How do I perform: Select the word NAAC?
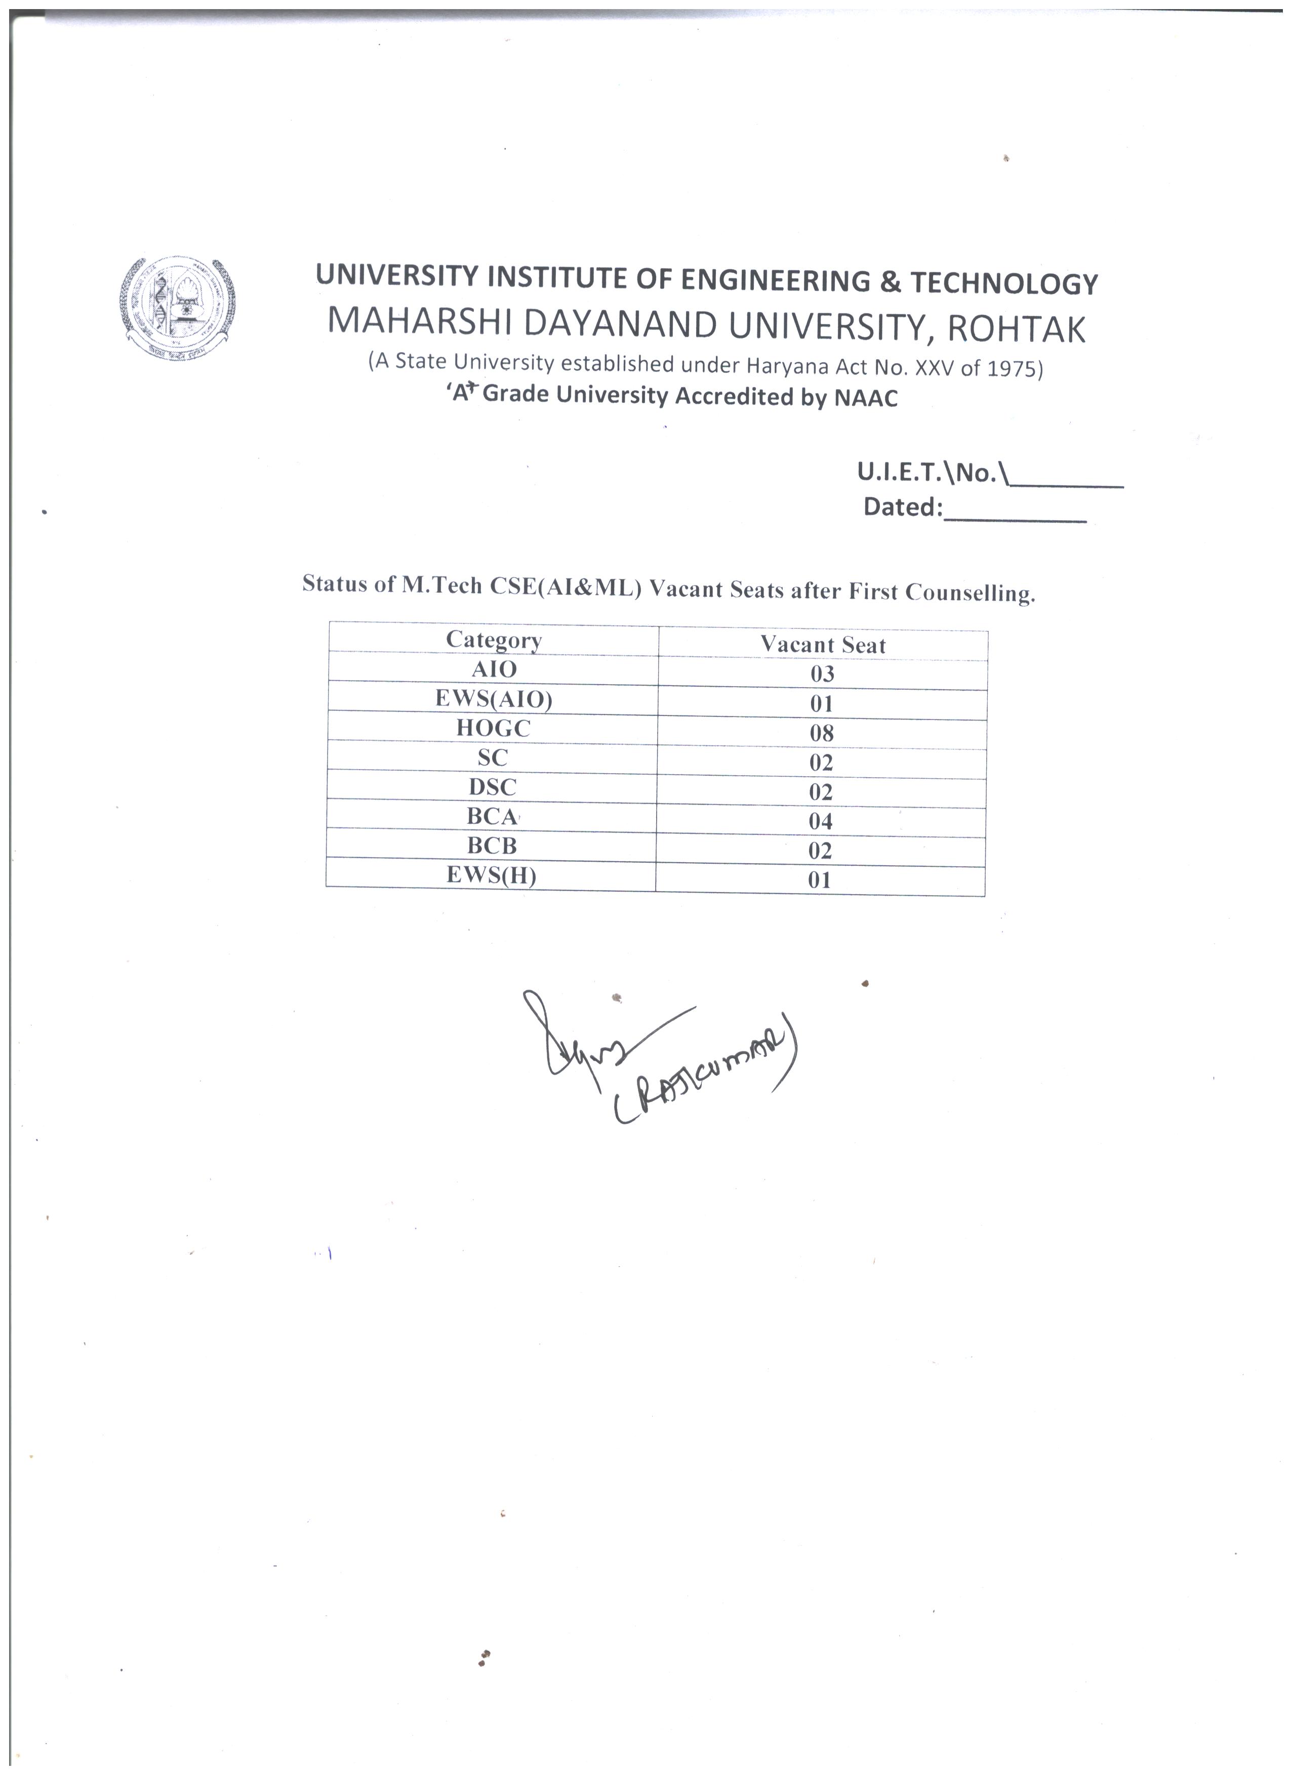(865, 398)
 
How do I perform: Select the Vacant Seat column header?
(822, 645)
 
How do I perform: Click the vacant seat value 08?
(821, 733)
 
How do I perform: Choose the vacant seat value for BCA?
(821, 821)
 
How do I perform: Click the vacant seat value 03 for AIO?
(822, 674)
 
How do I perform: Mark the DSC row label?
(493, 787)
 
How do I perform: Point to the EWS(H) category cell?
(491, 876)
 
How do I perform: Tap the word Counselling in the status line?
(970, 593)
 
